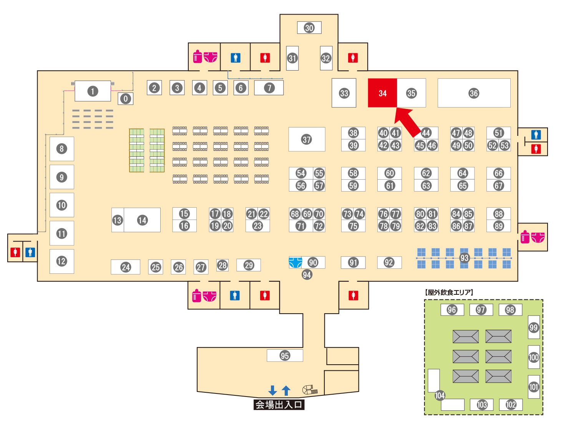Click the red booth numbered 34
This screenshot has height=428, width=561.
tap(382, 93)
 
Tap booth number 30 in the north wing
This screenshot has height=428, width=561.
tap(309, 28)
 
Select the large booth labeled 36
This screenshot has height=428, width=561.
tap(474, 93)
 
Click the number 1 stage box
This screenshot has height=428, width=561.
tap(92, 91)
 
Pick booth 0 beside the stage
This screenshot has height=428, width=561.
tap(125, 99)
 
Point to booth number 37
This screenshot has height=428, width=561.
tap(307, 139)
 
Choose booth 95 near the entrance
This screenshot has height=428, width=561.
tap(285, 355)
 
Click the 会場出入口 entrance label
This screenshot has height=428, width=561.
tap(279, 405)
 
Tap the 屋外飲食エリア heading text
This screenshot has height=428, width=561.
tap(449, 292)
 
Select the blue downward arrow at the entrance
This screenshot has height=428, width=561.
tap(272, 390)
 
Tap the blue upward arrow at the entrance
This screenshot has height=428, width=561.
tap(286, 390)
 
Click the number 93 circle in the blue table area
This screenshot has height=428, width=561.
tap(465, 258)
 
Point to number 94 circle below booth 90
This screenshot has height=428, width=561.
tap(307, 274)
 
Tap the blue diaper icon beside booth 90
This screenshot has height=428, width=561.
tap(295, 262)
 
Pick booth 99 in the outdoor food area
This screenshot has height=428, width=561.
tap(534, 327)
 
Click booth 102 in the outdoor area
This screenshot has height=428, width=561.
tap(511, 405)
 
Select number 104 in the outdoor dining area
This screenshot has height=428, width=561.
tap(440, 395)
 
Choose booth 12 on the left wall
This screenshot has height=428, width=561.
tap(61, 261)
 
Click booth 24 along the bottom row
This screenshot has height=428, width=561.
tap(126, 267)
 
